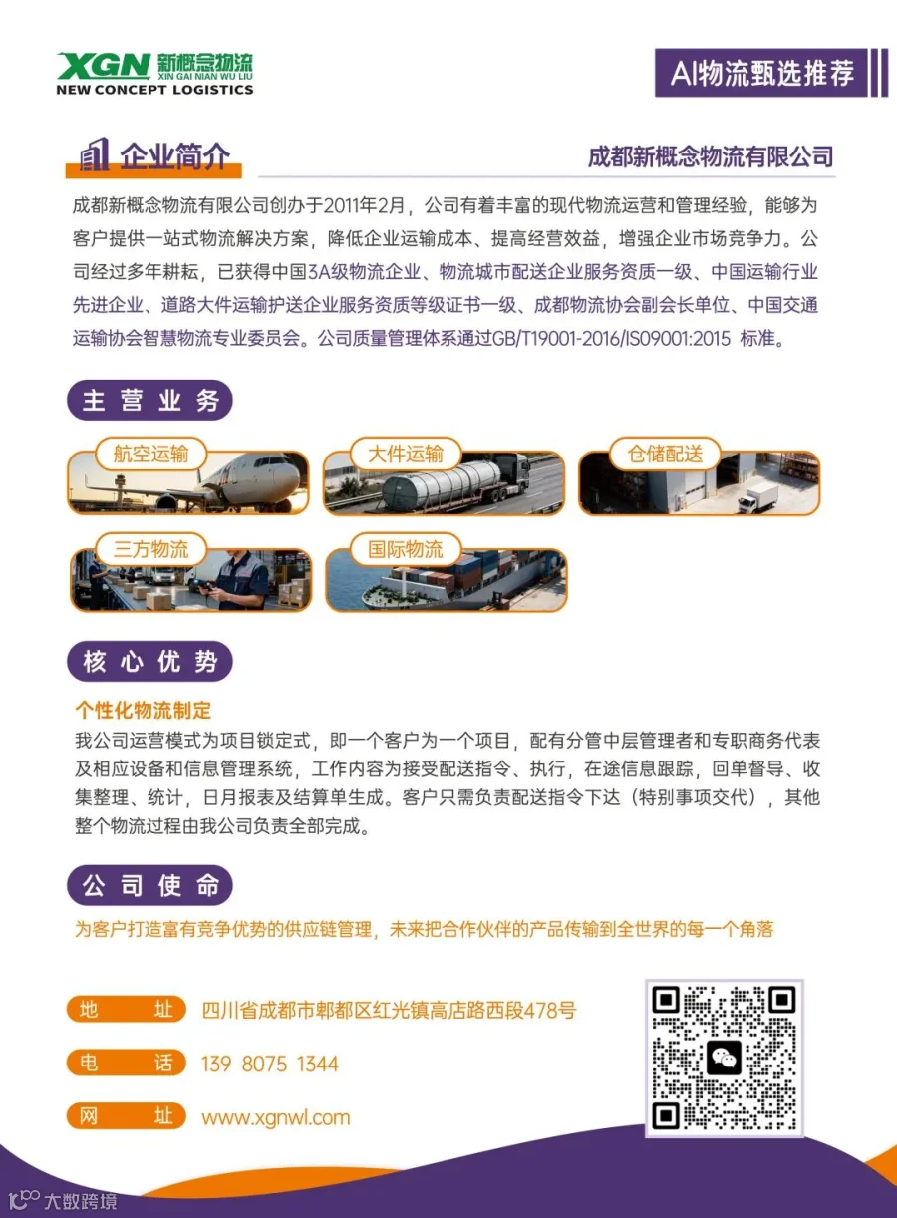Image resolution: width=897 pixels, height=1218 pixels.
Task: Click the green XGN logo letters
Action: coord(104,65)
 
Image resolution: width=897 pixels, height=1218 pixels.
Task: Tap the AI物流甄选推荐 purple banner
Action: coord(761,73)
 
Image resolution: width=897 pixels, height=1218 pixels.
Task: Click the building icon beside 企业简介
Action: coord(94,154)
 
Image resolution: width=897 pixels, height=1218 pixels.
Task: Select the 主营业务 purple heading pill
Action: coord(150,400)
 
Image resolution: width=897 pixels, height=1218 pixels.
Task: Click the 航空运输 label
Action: coord(151,454)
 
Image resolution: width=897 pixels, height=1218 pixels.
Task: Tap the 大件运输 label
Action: coord(406,454)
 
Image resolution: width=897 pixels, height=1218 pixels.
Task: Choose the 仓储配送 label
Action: coord(666,454)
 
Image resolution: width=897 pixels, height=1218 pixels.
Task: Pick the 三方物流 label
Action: coord(151,549)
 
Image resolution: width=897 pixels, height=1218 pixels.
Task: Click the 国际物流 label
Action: coord(406,549)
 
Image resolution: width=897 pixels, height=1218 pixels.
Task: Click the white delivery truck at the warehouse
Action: coord(757,497)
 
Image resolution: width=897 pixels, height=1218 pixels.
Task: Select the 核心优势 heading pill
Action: coord(150,661)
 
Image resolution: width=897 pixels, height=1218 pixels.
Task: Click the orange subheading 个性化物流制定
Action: coord(144,710)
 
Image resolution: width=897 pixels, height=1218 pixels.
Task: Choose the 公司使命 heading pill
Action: coord(150,885)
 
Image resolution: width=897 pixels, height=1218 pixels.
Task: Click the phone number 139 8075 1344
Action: coord(270,1064)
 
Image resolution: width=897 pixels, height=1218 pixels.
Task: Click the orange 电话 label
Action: coord(127,1064)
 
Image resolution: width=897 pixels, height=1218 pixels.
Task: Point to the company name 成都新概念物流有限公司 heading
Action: coord(711,156)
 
